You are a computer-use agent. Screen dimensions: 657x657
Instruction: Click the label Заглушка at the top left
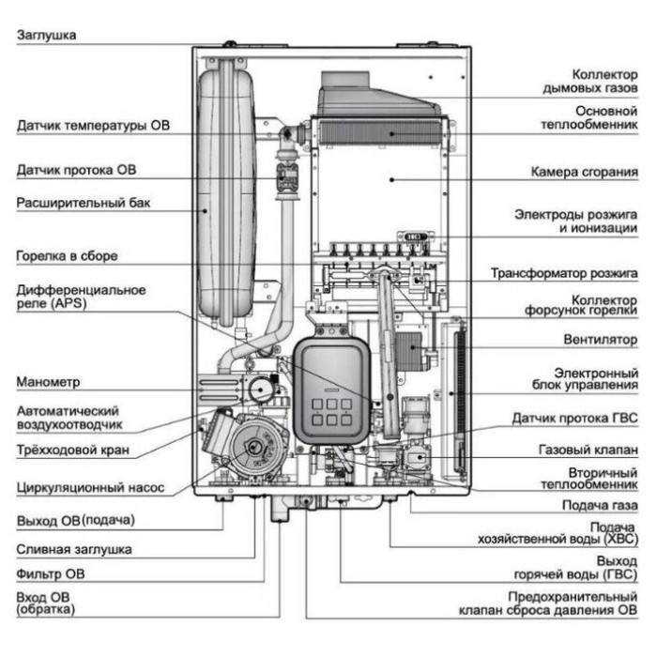point(47,35)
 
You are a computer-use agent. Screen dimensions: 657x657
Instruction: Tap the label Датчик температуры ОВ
point(94,125)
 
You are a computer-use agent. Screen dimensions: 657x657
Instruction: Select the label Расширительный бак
point(84,204)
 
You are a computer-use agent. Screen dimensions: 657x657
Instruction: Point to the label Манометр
point(48,382)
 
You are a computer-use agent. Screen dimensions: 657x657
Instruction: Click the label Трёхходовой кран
point(73,450)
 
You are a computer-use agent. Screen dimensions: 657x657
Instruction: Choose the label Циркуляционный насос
point(90,488)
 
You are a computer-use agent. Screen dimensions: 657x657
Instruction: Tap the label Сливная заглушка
point(74,549)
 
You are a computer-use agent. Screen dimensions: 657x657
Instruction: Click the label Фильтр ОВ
point(51,574)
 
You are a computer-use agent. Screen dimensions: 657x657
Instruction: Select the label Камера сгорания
point(585,172)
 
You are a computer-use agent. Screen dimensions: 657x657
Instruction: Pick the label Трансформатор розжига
point(564,274)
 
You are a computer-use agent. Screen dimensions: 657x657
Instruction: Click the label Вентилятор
point(601,340)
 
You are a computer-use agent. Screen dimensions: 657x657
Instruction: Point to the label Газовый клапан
point(588,450)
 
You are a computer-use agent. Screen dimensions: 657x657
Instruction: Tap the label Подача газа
point(600,506)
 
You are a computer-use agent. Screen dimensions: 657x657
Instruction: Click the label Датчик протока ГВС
point(574,419)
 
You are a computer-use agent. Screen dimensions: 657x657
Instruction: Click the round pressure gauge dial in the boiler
point(260,390)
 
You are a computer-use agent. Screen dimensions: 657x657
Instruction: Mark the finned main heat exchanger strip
point(381,133)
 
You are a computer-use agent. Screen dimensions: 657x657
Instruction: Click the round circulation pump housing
point(254,448)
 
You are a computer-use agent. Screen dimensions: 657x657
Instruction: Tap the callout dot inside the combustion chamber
point(391,180)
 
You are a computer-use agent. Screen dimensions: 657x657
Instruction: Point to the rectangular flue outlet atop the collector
point(345,80)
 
